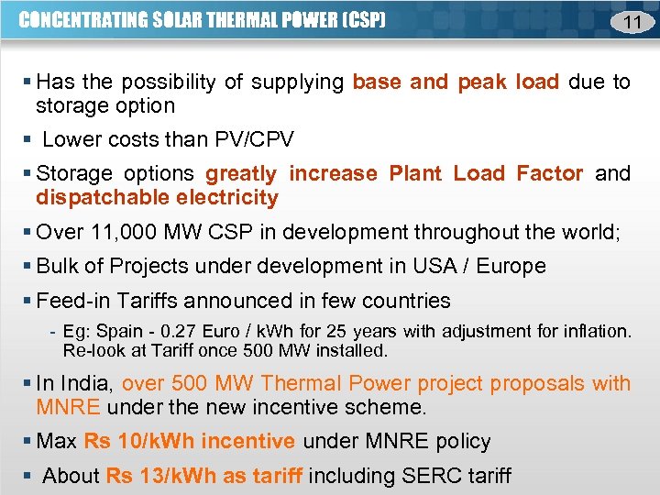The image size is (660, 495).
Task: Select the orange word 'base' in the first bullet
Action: (x=377, y=82)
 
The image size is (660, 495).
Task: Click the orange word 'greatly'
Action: (x=241, y=174)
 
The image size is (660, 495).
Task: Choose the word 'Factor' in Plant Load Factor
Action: (x=549, y=174)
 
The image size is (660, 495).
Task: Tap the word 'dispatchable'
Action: (x=97, y=198)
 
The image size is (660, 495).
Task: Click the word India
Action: (x=88, y=384)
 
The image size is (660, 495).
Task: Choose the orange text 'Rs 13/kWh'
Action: (x=149, y=477)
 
